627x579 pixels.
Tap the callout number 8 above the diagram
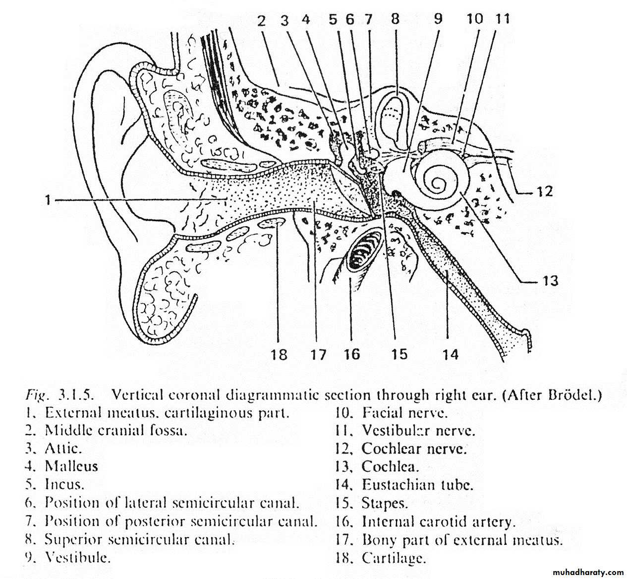[x=395, y=19]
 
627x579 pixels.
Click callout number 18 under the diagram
[x=279, y=354]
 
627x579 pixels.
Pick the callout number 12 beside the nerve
[x=544, y=191]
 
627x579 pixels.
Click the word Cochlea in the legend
[x=390, y=466]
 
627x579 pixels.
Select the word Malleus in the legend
[x=71, y=466]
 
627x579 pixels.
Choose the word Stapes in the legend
[x=385, y=503]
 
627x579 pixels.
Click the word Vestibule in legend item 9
[x=77, y=558]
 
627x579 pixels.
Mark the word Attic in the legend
[x=63, y=448]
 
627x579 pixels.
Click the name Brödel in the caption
[x=575, y=395]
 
